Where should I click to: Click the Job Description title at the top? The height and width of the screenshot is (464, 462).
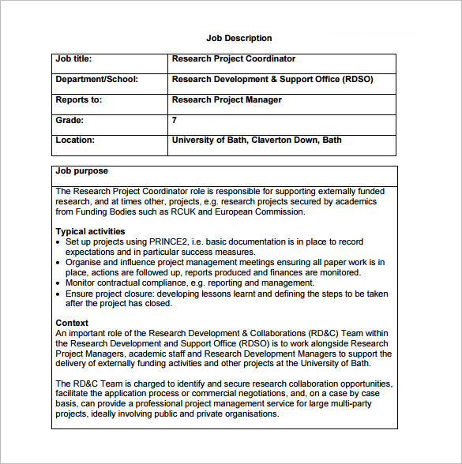point(239,38)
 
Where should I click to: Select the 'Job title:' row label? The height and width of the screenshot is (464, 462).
point(74,59)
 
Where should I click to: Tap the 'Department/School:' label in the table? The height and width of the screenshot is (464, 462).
point(96,80)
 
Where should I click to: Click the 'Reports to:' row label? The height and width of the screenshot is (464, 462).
point(79,100)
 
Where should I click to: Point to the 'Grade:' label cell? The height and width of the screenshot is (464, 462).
point(69,121)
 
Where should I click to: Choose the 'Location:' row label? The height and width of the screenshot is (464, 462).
point(75,140)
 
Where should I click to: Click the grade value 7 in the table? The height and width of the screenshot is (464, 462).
point(175,121)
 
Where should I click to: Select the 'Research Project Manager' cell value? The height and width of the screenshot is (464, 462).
point(227,100)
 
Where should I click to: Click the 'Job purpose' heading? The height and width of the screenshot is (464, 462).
point(82,171)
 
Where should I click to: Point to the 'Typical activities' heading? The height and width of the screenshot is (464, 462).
point(91,231)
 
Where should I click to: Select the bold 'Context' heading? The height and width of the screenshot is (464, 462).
point(72,323)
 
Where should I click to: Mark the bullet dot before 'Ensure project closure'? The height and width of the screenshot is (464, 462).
point(59,294)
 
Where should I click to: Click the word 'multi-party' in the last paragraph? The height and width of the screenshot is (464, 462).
point(364,404)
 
